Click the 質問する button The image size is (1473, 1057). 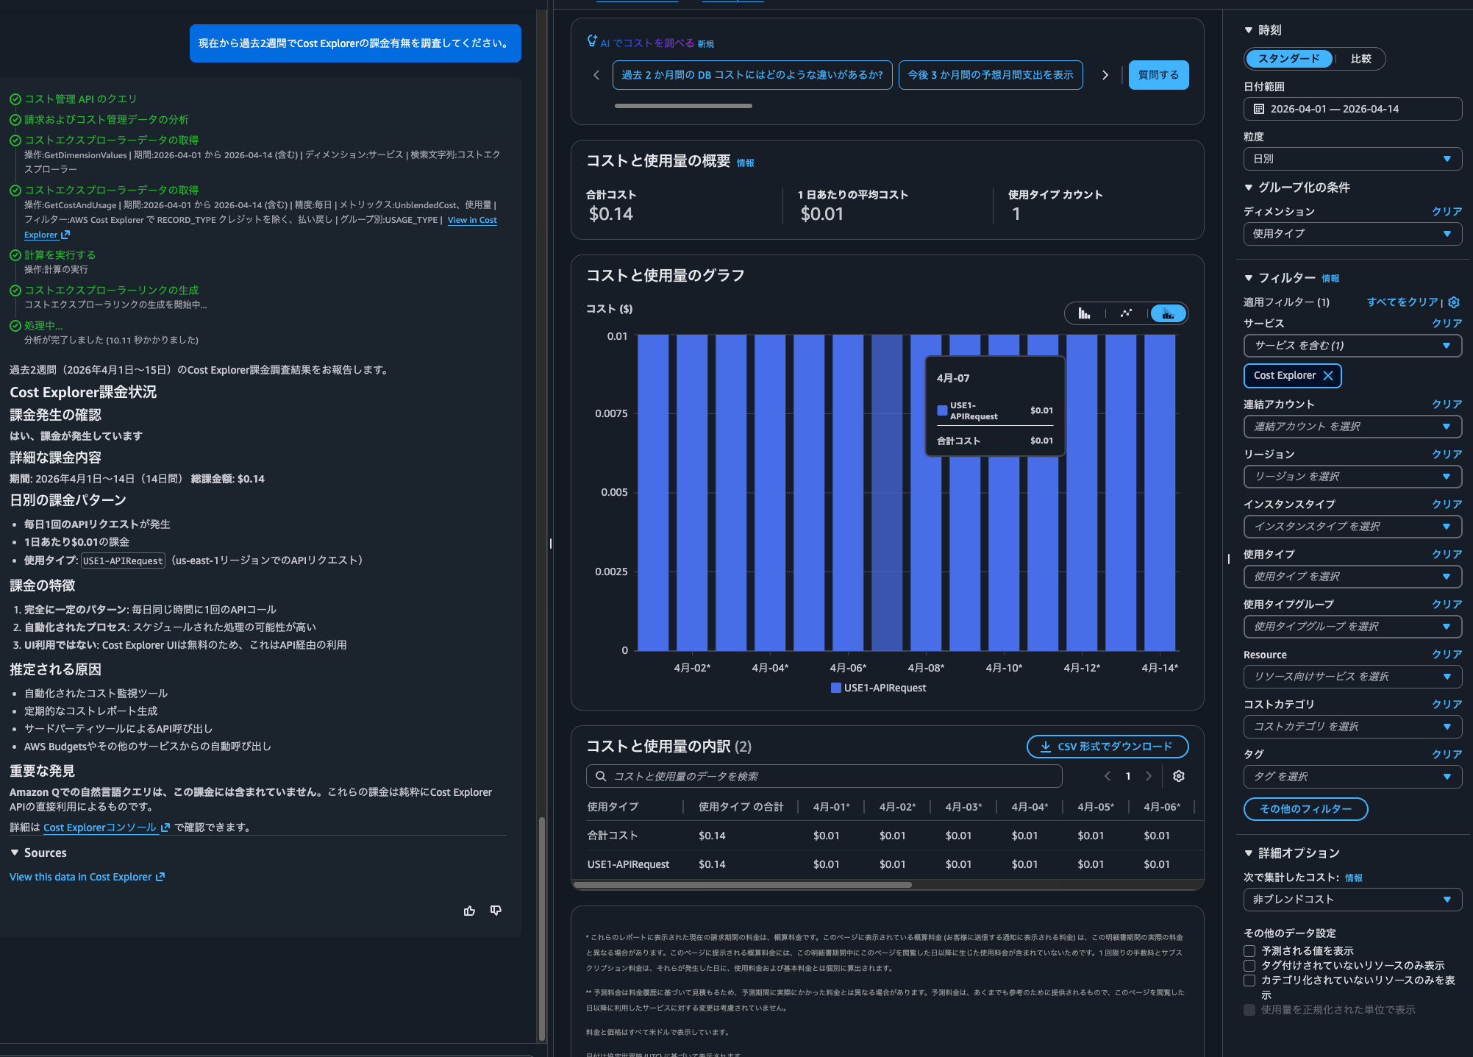(1158, 75)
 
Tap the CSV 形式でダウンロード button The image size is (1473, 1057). (1107, 747)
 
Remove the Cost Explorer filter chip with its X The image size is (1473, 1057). (1328, 376)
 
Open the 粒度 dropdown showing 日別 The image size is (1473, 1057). (1352, 159)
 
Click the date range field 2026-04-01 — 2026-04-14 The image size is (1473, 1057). (1352, 109)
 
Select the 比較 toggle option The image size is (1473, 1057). (1360, 59)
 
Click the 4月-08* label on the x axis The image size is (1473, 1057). (926, 668)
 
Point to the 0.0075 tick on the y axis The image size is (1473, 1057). (611, 413)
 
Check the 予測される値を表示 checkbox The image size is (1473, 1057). (1249, 951)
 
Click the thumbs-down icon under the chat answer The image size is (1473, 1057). (496, 911)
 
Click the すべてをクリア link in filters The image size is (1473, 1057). (1402, 302)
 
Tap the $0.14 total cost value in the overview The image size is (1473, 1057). (610, 214)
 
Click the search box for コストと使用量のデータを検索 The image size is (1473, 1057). (824, 776)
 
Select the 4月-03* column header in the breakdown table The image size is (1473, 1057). (963, 807)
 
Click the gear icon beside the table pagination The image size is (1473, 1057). (1179, 776)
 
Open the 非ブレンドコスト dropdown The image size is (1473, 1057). (1352, 900)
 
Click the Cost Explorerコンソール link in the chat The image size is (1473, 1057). (100, 828)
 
